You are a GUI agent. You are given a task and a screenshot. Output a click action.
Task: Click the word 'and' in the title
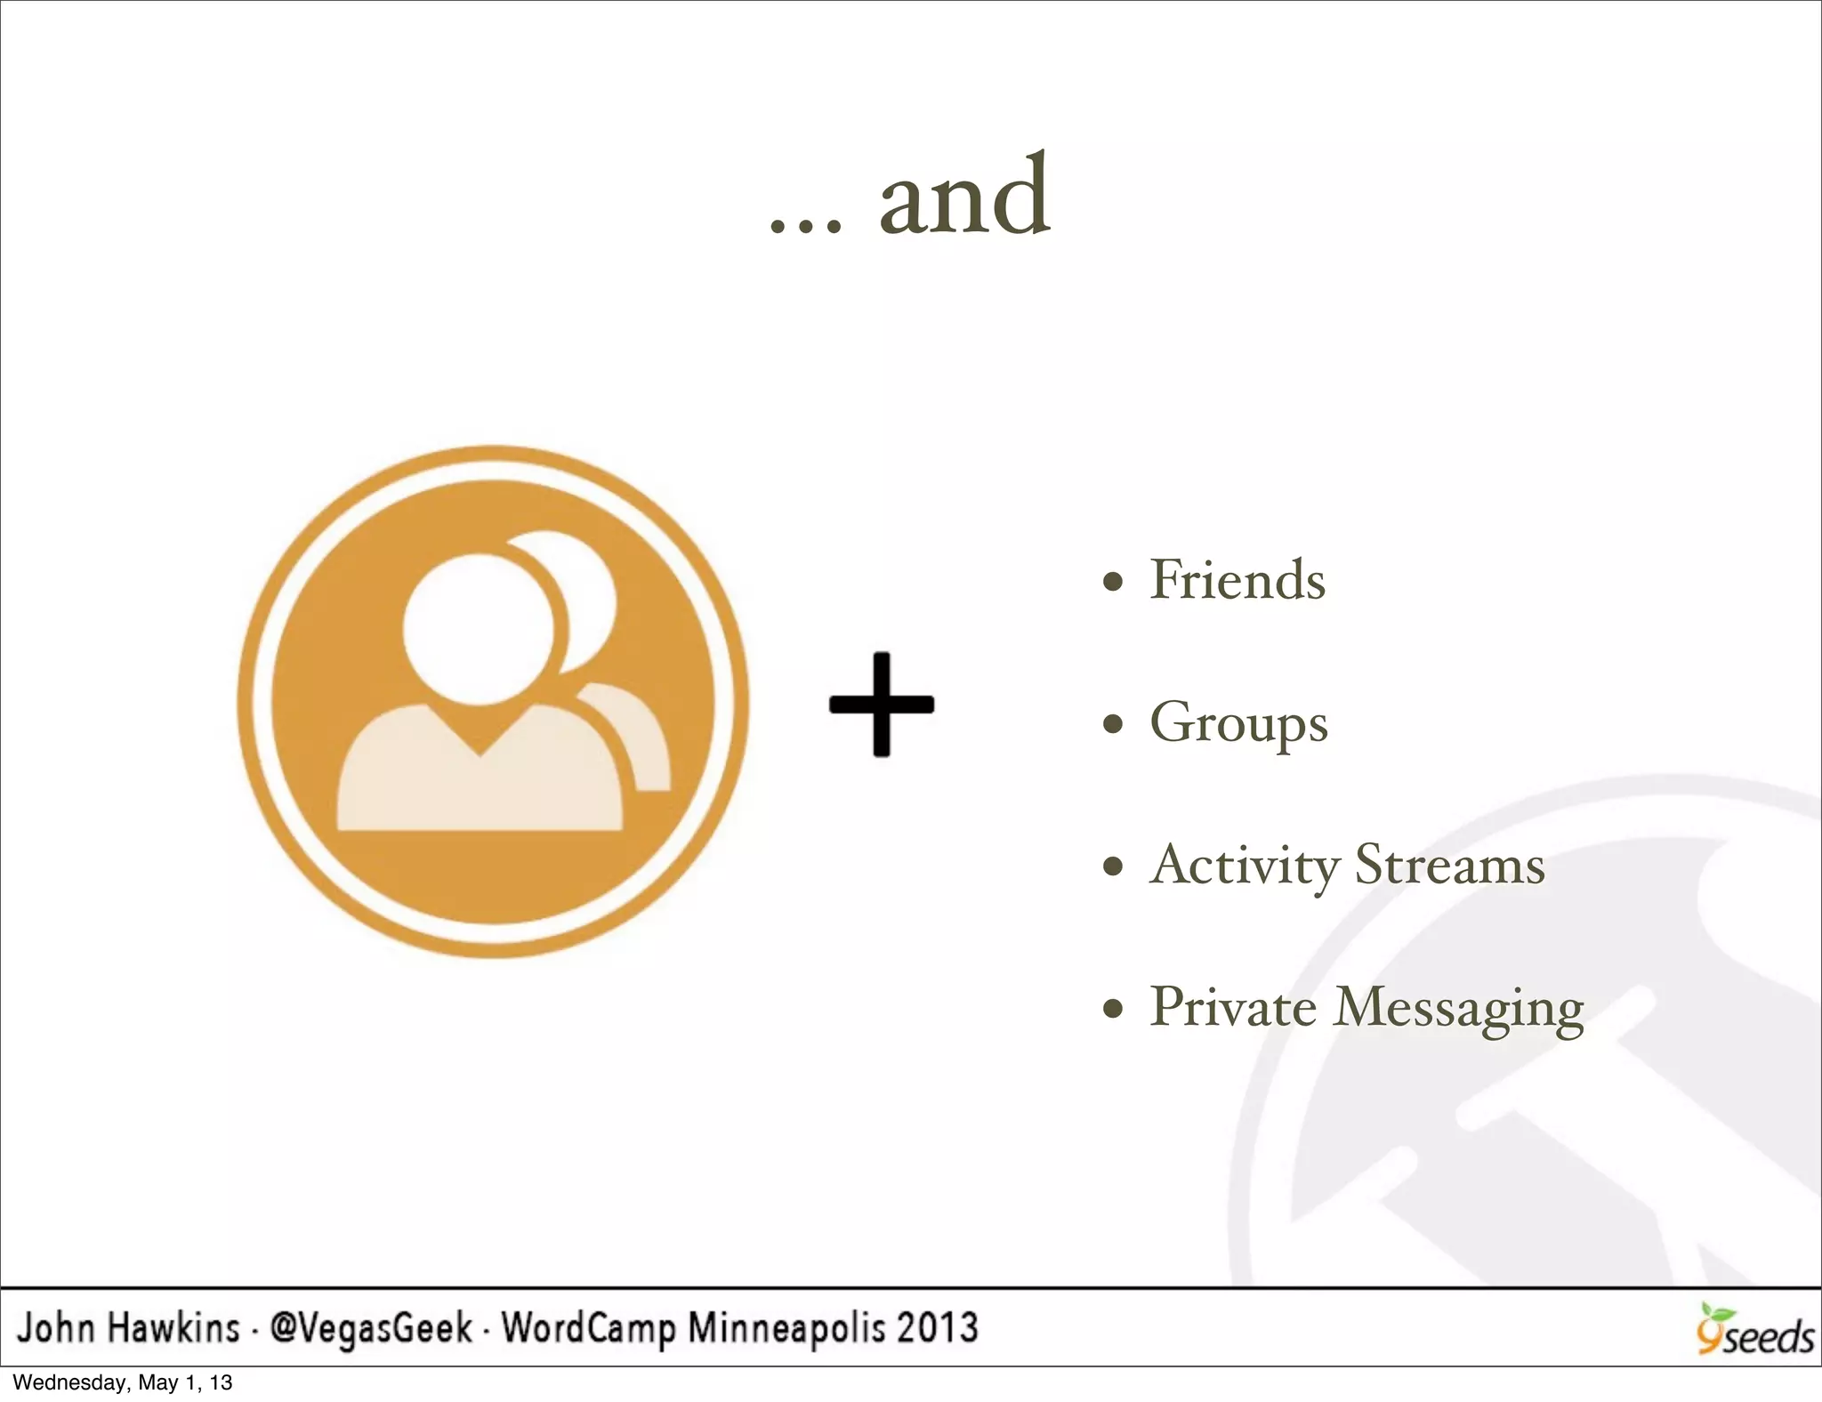[964, 197]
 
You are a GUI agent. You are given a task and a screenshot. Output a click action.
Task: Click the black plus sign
[882, 705]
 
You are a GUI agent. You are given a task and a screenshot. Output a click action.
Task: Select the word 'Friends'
[1238, 580]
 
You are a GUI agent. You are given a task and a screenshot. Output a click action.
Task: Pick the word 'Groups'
[1238, 724]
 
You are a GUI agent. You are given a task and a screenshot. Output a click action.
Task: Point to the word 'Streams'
[1449, 866]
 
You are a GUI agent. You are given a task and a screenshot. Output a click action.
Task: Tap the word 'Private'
[1233, 1008]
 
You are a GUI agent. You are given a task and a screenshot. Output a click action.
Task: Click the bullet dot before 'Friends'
[1112, 584]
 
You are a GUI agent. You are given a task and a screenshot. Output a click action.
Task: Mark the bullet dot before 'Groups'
[1112, 725]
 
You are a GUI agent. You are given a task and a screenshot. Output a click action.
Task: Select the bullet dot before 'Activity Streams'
[1112, 866]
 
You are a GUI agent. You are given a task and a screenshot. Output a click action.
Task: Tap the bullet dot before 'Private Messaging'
[1112, 1010]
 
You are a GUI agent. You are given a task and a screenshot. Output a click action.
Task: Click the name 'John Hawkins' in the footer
[129, 1328]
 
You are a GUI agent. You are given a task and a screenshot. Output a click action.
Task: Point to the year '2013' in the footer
[937, 1328]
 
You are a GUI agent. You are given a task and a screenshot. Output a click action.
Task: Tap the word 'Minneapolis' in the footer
[786, 1328]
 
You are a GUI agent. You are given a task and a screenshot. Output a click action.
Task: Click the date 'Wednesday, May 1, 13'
[123, 1382]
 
